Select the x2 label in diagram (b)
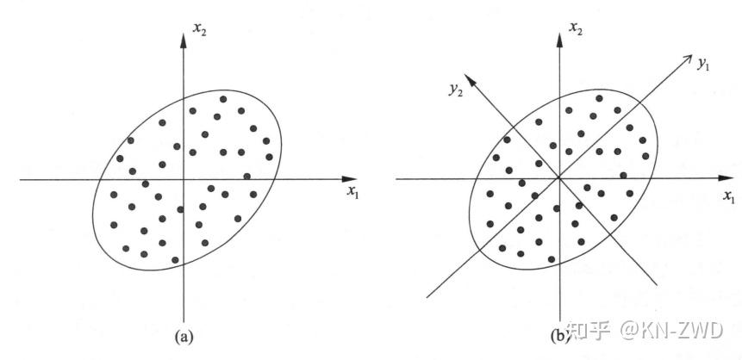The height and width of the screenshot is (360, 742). click(577, 30)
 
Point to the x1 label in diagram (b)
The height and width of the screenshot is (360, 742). click(728, 198)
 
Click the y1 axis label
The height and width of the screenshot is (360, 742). click(704, 65)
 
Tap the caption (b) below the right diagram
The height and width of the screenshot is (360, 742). click(558, 335)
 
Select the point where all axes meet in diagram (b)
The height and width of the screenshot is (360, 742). click(559, 178)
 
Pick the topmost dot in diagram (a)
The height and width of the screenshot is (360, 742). click(224, 99)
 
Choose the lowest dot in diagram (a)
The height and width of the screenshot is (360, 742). click(175, 259)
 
